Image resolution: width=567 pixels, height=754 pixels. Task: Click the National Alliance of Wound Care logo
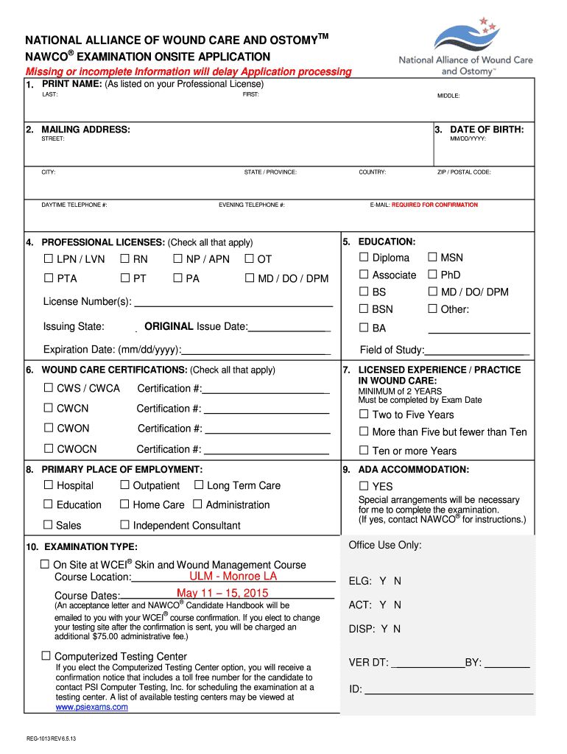[465, 46]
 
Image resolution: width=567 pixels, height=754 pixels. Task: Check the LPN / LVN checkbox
[49, 258]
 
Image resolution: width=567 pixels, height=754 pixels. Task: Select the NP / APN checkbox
[177, 258]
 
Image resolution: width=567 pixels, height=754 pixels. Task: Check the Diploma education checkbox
[364, 257]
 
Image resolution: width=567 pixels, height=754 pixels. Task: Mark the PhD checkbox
[432, 275]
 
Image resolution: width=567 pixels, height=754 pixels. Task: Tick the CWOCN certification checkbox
[49, 448]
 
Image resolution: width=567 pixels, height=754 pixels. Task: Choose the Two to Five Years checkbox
[364, 414]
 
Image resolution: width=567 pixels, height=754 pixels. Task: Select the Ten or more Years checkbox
[364, 450]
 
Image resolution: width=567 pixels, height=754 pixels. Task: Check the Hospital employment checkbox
[49, 485]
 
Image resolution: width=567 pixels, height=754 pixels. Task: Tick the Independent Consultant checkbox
[124, 524]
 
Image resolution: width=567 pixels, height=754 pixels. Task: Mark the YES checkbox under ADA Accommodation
[364, 485]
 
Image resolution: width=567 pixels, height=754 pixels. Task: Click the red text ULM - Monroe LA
[233, 576]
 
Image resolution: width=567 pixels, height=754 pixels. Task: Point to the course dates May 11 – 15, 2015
[222, 593]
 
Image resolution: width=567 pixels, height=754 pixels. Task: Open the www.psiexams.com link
[92, 707]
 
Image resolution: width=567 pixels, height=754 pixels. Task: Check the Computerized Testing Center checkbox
[46, 655]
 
